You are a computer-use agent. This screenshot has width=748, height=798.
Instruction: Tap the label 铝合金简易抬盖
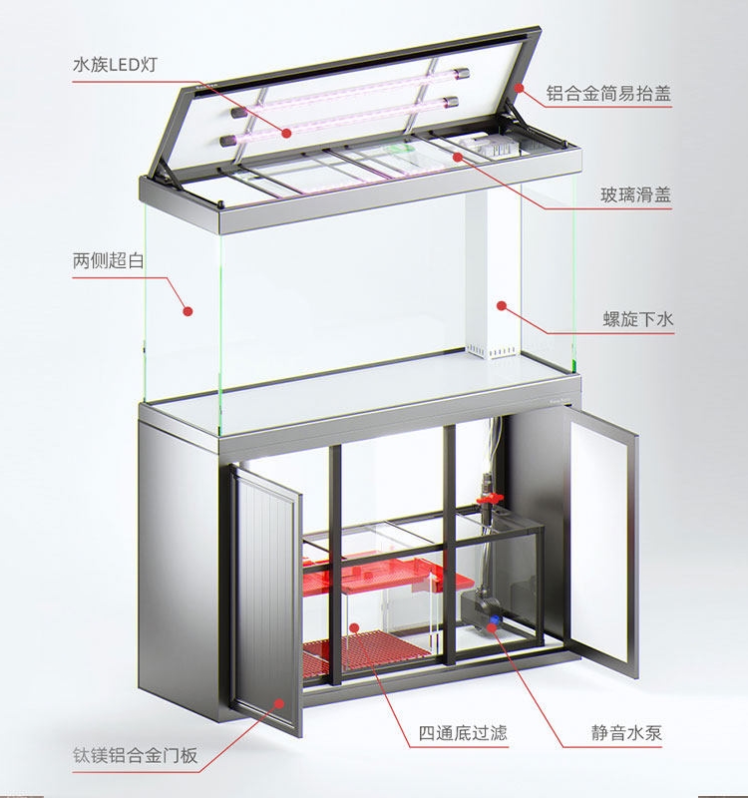pos(608,96)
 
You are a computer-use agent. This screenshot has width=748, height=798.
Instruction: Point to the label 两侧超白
pos(109,260)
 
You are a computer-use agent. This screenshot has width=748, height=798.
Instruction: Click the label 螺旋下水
pos(638,319)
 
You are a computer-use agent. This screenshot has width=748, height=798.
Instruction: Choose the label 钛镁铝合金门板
pos(135,755)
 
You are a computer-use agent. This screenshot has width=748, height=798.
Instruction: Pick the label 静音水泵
pos(625,734)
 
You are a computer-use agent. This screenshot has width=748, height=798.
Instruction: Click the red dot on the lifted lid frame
pos(519,89)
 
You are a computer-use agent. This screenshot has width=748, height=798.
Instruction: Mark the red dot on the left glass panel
pos(187,312)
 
